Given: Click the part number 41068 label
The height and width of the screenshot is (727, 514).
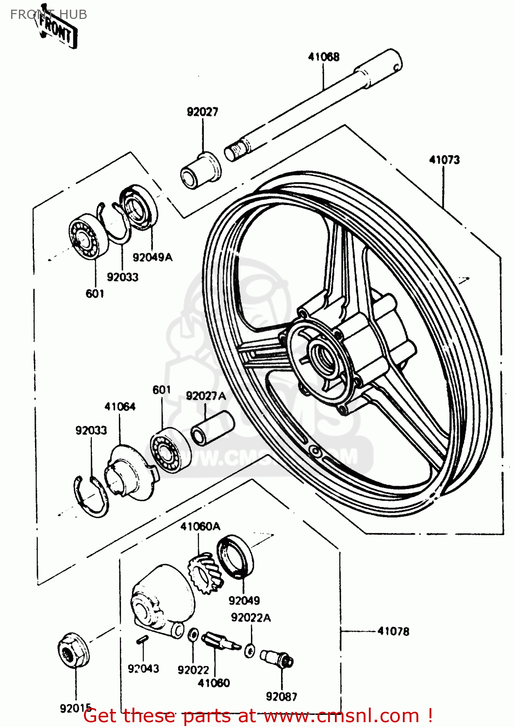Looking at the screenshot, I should (324, 57).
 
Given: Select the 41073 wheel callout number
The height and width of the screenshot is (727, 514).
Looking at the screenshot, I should (444, 159).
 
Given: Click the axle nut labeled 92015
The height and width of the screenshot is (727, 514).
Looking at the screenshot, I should (73, 649).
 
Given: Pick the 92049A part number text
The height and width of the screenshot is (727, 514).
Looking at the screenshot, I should (152, 257).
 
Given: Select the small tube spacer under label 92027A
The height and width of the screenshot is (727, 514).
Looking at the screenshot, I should (213, 427).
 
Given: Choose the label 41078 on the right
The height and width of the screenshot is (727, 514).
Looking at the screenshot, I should (393, 631).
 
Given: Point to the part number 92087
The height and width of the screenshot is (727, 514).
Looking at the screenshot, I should (282, 696).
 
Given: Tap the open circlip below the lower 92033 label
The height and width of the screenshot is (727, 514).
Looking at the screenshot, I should (92, 497).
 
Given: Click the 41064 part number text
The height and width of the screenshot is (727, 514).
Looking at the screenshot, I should (120, 407).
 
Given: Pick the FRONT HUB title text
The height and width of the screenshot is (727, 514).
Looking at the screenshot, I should (49, 15).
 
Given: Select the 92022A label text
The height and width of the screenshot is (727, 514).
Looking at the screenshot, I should (251, 617).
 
